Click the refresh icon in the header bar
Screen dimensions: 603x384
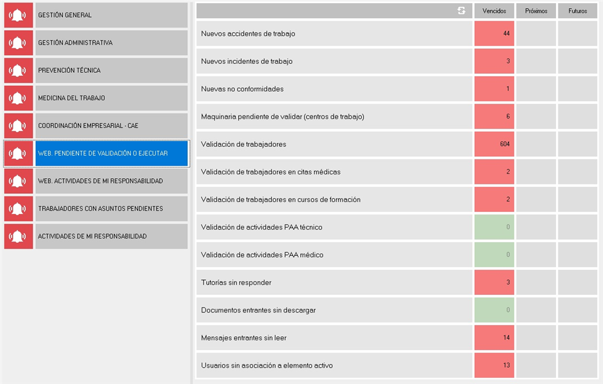462,11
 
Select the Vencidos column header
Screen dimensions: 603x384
494,11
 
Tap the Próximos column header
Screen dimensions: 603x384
536,11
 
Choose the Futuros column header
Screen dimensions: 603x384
578,11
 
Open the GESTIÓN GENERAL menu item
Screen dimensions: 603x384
112,15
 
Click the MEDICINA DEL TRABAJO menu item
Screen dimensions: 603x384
112,98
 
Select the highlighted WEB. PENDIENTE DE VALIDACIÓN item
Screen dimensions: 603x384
112,153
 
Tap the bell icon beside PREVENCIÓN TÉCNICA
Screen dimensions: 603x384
18,70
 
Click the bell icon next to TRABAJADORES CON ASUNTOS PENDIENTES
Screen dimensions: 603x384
18,208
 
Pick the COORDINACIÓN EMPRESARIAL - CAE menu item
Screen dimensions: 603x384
112,125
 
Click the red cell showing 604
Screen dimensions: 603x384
494,144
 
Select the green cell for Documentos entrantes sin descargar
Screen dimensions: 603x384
494,310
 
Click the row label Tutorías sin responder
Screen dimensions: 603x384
236,282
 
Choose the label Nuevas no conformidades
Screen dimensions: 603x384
242,89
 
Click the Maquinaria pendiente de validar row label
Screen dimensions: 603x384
283,117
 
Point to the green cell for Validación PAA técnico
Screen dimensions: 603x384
494,227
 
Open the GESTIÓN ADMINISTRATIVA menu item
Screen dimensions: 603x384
112,43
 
